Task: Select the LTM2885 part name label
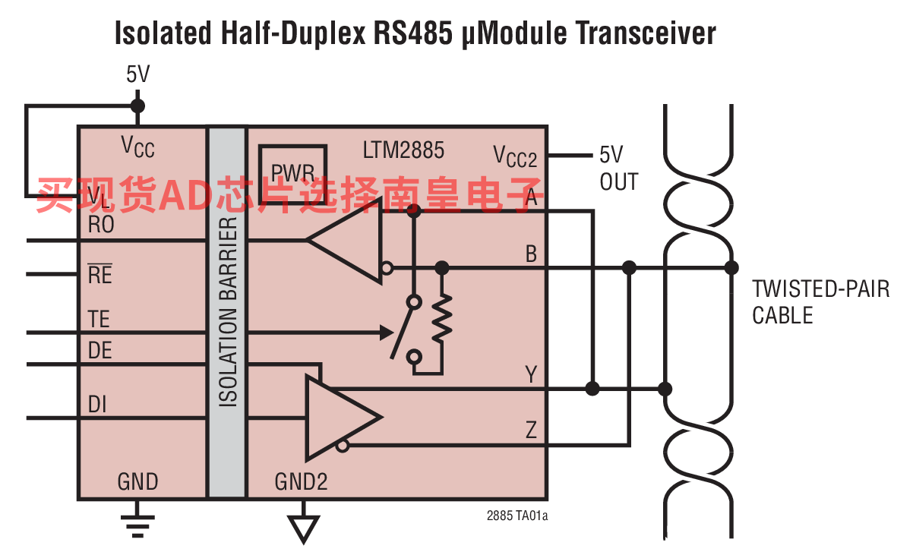click(403, 150)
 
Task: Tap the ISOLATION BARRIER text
click(228, 312)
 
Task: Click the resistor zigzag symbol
click(442, 317)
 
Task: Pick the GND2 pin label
click(301, 481)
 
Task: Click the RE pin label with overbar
click(100, 274)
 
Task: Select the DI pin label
click(97, 405)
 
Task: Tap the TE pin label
click(99, 319)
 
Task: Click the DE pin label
click(100, 350)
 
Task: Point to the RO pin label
click(101, 225)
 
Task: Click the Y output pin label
click(531, 374)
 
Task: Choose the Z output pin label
click(531, 430)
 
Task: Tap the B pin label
click(531, 254)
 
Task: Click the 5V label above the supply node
click(137, 74)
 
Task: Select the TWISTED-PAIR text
click(820, 289)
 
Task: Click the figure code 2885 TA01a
click(517, 516)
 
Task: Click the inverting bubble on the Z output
click(343, 446)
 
